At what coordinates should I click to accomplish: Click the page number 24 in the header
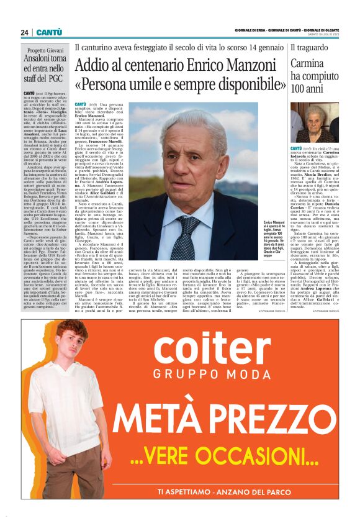pos(24,32)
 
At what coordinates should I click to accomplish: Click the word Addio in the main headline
pos(94,65)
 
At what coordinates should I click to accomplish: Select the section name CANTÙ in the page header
pos(48,32)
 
